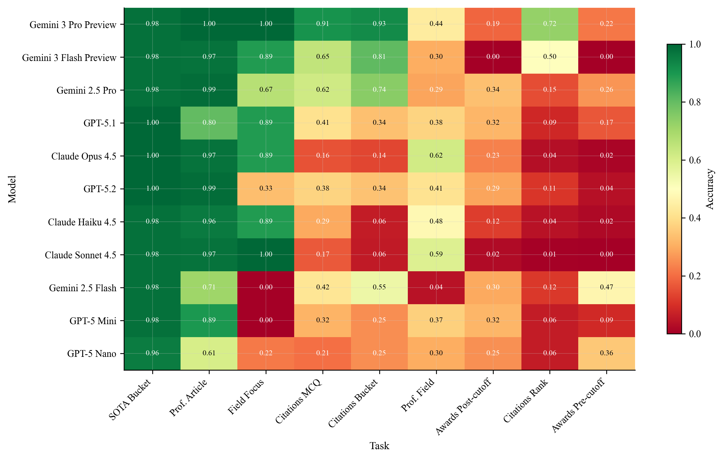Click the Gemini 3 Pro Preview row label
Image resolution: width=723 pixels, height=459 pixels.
tap(73, 25)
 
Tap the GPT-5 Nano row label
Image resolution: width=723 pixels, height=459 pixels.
tap(92, 354)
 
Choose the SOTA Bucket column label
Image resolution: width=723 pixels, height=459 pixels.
tap(129, 400)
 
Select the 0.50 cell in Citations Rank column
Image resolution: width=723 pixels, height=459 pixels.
tap(549, 57)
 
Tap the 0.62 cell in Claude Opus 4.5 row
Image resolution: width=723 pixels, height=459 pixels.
tap(436, 156)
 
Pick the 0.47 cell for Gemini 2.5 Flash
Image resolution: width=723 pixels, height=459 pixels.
tap(606, 288)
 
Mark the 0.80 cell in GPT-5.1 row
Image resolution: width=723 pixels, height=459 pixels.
tap(209, 123)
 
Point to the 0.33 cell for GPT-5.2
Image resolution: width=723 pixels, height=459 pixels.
tap(266, 189)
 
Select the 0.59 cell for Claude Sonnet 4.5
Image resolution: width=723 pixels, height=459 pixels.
tap(436, 255)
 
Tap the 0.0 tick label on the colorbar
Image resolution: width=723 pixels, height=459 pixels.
tap(695, 334)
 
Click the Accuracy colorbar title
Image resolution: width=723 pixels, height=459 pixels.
tap(710, 189)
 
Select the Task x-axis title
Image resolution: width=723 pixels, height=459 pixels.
tap(379, 446)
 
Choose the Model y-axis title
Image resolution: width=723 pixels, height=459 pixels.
tap(12, 189)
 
